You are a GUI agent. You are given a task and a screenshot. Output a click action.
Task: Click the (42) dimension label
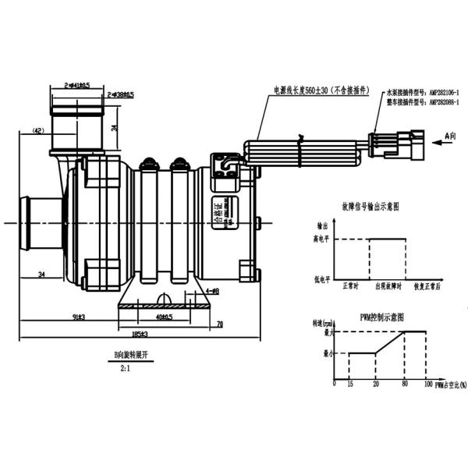point(38,130)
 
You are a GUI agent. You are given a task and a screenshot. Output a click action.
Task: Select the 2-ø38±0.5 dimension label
point(122,94)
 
